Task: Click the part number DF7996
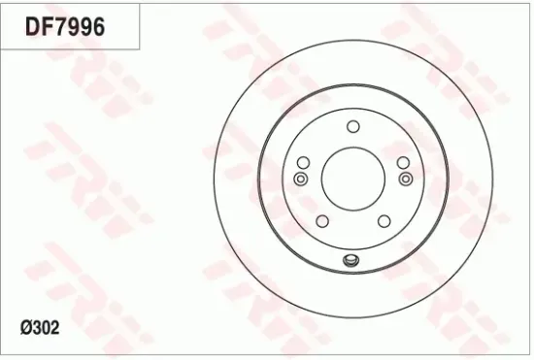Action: click(64, 26)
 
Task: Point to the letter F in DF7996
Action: click(47, 26)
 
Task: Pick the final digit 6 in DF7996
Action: click(97, 26)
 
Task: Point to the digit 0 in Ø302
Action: click(45, 328)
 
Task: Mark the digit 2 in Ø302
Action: click(54, 328)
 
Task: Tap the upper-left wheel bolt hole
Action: click(303, 162)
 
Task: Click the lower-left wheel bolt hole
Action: click(321, 220)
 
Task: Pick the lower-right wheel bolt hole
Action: click(384, 220)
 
